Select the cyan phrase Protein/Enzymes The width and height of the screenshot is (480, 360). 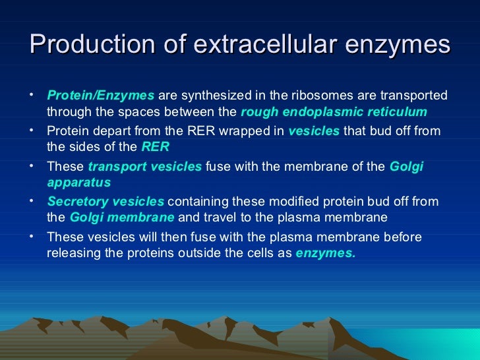pyautogui.click(x=101, y=96)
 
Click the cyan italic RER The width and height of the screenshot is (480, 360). pyautogui.click(x=156, y=146)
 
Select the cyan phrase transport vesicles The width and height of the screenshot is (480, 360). pyautogui.click(x=145, y=167)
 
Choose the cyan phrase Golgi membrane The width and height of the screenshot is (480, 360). pyautogui.click(x=122, y=217)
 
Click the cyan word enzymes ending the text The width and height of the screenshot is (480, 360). pyautogui.click(x=325, y=253)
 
